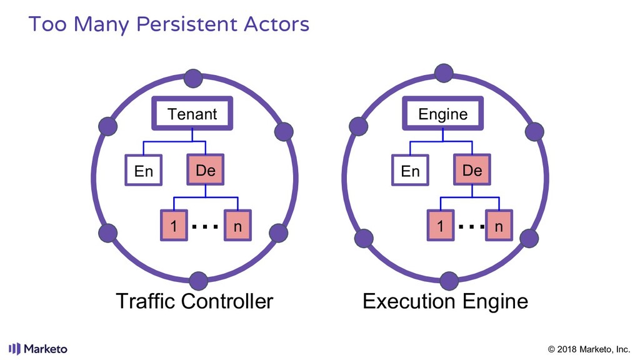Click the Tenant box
coord(192,114)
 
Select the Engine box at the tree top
coord(442,114)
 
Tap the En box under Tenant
coord(144,171)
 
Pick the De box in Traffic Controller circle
coord(206,170)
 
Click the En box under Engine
coord(410,171)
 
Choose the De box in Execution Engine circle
coord(472,170)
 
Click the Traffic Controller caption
coord(194,302)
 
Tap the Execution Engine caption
coord(445,302)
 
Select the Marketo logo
coord(38,349)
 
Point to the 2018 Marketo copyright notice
coord(588,349)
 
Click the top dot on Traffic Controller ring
coord(194,79)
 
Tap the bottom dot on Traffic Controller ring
coord(198,281)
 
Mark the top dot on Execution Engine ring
coord(444,72)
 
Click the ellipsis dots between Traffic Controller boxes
coord(205,227)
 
